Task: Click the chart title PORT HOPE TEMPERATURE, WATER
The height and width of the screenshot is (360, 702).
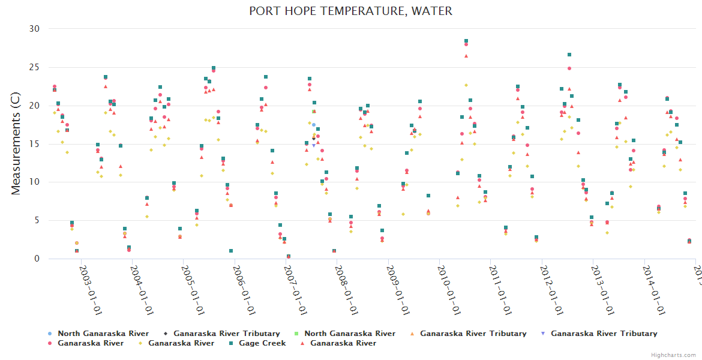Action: click(350, 11)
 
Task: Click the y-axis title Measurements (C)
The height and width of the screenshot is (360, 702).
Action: click(16, 143)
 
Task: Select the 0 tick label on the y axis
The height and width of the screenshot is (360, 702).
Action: click(37, 259)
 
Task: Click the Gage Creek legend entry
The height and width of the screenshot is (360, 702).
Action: click(262, 343)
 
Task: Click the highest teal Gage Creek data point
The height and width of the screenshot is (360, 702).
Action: click(466, 41)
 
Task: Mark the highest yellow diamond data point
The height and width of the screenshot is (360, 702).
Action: click(466, 85)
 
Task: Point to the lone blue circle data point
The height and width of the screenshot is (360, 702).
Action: click(313, 125)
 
